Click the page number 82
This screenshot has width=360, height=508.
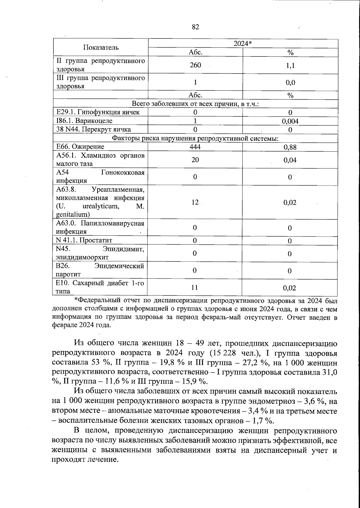[195, 27]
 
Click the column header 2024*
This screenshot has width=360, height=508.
[243, 44]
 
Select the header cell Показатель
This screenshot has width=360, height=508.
[101, 47]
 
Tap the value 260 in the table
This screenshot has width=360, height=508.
[195, 65]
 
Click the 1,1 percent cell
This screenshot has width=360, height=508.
[290, 65]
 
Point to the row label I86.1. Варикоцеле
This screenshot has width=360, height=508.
[85, 121]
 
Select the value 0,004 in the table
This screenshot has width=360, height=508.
[290, 121]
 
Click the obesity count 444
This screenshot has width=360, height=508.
[195, 147]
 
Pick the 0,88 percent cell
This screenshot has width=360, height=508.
[290, 147]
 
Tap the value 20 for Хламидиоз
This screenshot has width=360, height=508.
[195, 160]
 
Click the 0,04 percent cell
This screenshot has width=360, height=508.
[290, 160]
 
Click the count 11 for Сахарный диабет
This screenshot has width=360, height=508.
[195, 288]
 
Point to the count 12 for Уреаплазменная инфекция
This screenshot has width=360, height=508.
[195, 202]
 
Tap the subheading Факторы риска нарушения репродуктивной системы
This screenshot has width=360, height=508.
[195, 138]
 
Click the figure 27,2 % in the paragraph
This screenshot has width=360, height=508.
[255, 363]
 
